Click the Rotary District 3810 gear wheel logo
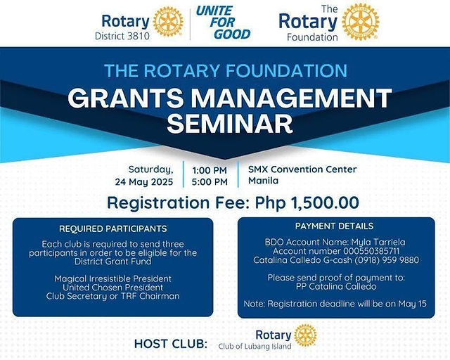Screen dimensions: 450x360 click(x=168, y=22)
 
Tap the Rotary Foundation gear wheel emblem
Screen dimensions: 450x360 click(x=361, y=22)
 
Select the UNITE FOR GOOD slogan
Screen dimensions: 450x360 click(x=224, y=22)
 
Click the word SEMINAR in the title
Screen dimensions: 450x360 click(x=230, y=124)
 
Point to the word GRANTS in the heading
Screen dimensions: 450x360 click(x=126, y=98)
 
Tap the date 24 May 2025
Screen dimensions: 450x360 click(x=144, y=182)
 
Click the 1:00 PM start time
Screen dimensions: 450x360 click(x=210, y=171)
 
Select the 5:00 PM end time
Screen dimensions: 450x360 click(x=210, y=182)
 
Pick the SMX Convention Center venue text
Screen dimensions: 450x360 click(x=302, y=169)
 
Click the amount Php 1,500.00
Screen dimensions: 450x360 click(x=307, y=202)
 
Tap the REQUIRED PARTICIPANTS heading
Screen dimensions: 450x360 click(x=113, y=229)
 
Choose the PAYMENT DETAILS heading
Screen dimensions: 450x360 click(x=335, y=226)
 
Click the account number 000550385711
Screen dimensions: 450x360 click(x=371, y=251)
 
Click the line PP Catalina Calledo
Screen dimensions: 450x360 click(x=336, y=286)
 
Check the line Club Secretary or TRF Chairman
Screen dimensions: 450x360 click(x=112, y=296)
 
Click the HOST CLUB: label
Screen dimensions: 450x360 click(x=171, y=344)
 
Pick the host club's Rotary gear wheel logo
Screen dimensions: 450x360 click(x=305, y=335)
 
